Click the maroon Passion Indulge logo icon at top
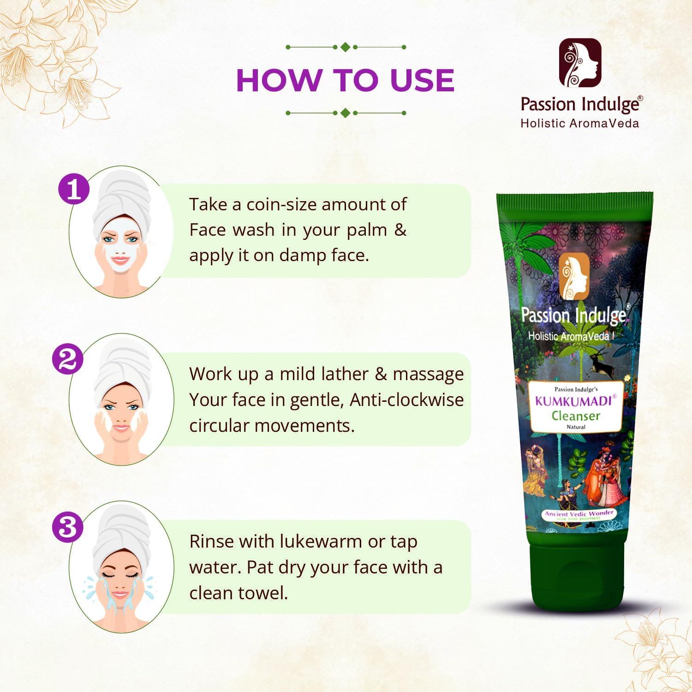point(580,64)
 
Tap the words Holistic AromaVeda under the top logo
point(579,123)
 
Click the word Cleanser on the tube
point(576,416)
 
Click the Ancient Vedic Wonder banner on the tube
point(579,514)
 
